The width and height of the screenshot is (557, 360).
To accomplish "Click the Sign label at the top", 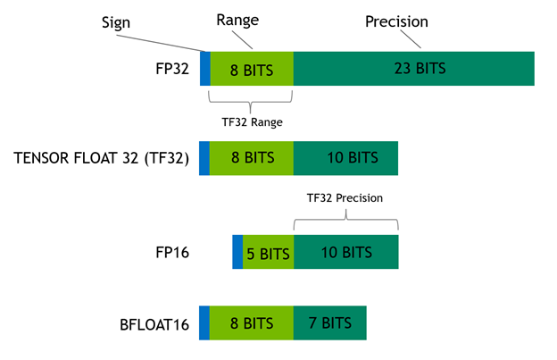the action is click(x=116, y=22).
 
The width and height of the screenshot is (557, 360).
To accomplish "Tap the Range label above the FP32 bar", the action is click(x=237, y=20).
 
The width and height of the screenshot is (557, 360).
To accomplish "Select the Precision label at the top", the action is click(x=396, y=21).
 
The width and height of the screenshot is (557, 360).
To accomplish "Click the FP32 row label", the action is click(x=172, y=69).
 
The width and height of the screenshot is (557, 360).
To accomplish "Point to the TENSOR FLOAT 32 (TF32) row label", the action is click(x=101, y=158).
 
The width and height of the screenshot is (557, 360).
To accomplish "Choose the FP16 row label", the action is click(x=172, y=252).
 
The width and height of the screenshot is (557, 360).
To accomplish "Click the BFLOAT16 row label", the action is click(x=154, y=325).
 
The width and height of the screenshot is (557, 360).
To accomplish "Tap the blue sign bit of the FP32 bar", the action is click(x=205, y=69).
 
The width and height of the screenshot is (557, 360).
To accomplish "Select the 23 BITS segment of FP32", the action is click(x=414, y=69).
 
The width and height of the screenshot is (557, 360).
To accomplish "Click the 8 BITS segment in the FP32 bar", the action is click(x=252, y=69).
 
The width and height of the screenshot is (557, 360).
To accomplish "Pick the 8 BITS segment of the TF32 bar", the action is click(x=252, y=158).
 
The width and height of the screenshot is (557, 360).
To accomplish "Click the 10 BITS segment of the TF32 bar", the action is click(x=345, y=158).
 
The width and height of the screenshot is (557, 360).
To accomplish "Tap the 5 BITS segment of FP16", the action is click(x=268, y=252).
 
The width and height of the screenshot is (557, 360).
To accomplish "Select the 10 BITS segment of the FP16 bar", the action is click(x=346, y=252).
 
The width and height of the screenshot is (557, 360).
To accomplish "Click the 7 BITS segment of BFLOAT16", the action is click(x=330, y=322).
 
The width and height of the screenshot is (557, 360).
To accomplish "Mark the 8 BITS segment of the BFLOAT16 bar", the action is click(x=252, y=322).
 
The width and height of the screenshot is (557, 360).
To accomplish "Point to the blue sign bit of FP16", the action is click(x=237, y=252).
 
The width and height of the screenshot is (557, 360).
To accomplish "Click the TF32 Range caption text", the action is click(x=253, y=121).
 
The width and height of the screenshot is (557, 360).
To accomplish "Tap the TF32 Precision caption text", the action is click(x=345, y=197).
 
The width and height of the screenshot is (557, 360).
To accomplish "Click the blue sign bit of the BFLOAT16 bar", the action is click(x=204, y=322).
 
